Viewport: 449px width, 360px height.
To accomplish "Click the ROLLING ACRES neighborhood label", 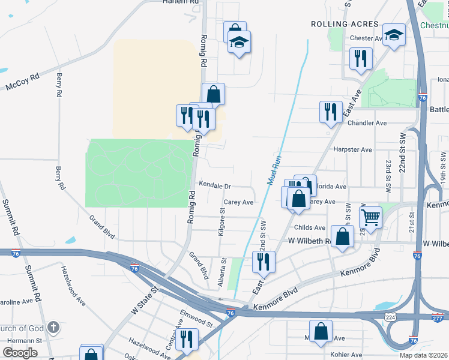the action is pos(345,24).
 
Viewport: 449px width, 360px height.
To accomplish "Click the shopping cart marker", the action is pos(371,217).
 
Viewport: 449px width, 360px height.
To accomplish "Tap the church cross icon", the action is pos(53,328).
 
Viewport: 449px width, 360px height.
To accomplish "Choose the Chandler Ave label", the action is pos(367,123).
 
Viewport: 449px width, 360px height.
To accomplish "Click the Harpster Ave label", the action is pos(352,149).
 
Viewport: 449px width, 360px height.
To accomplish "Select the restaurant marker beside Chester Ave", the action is pos(361,58).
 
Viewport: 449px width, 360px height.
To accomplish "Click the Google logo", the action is pos(20,352).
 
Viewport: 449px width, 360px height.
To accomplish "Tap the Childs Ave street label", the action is pos(310,228).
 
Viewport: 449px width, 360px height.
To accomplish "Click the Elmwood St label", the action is pos(197,318).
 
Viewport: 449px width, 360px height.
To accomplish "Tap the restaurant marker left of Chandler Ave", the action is pos(330,112).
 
